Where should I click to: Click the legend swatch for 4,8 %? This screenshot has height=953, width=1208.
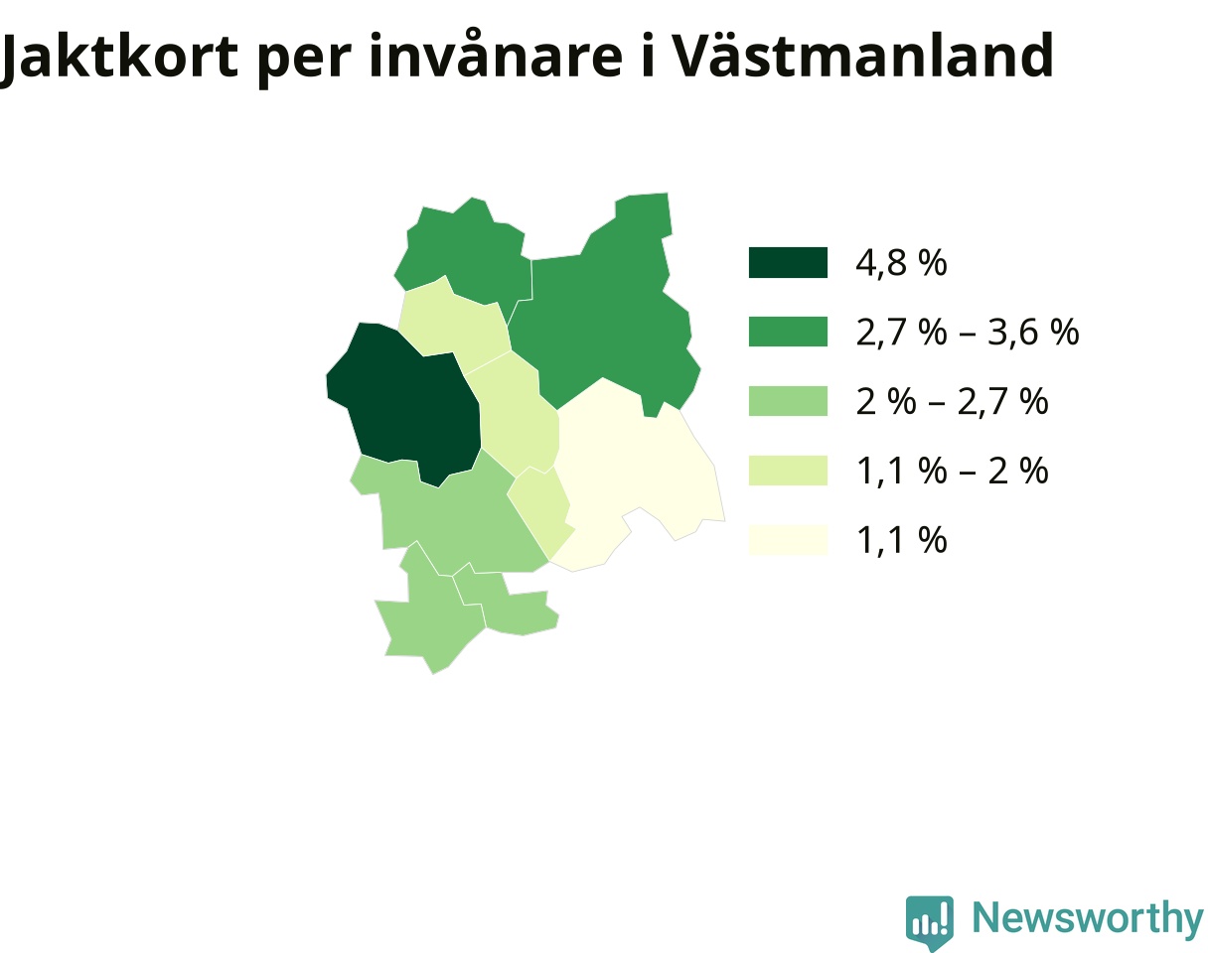click(788, 262)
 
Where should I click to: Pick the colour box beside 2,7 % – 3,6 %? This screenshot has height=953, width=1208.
click(788, 332)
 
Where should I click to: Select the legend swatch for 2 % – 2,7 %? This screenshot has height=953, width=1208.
click(788, 401)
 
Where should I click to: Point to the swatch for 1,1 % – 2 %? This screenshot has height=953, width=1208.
click(788, 471)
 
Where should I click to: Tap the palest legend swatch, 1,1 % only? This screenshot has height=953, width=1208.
click(788, 540)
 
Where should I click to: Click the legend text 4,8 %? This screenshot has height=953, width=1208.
click(901, 262)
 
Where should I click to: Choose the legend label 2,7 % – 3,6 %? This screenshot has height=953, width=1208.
click(968, 332)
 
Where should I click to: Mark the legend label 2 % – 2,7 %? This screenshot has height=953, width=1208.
click(952, 401)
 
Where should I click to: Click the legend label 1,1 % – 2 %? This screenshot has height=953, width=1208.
click(952, 471)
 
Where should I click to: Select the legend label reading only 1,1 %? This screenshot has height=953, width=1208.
click(901, 540)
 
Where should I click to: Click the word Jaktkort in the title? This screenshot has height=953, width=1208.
click(119, 58)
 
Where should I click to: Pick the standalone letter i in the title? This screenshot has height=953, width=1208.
click(648, 55)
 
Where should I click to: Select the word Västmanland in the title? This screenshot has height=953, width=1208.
click(862, 55)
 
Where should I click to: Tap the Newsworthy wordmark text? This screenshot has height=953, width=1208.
click(1088, 917)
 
